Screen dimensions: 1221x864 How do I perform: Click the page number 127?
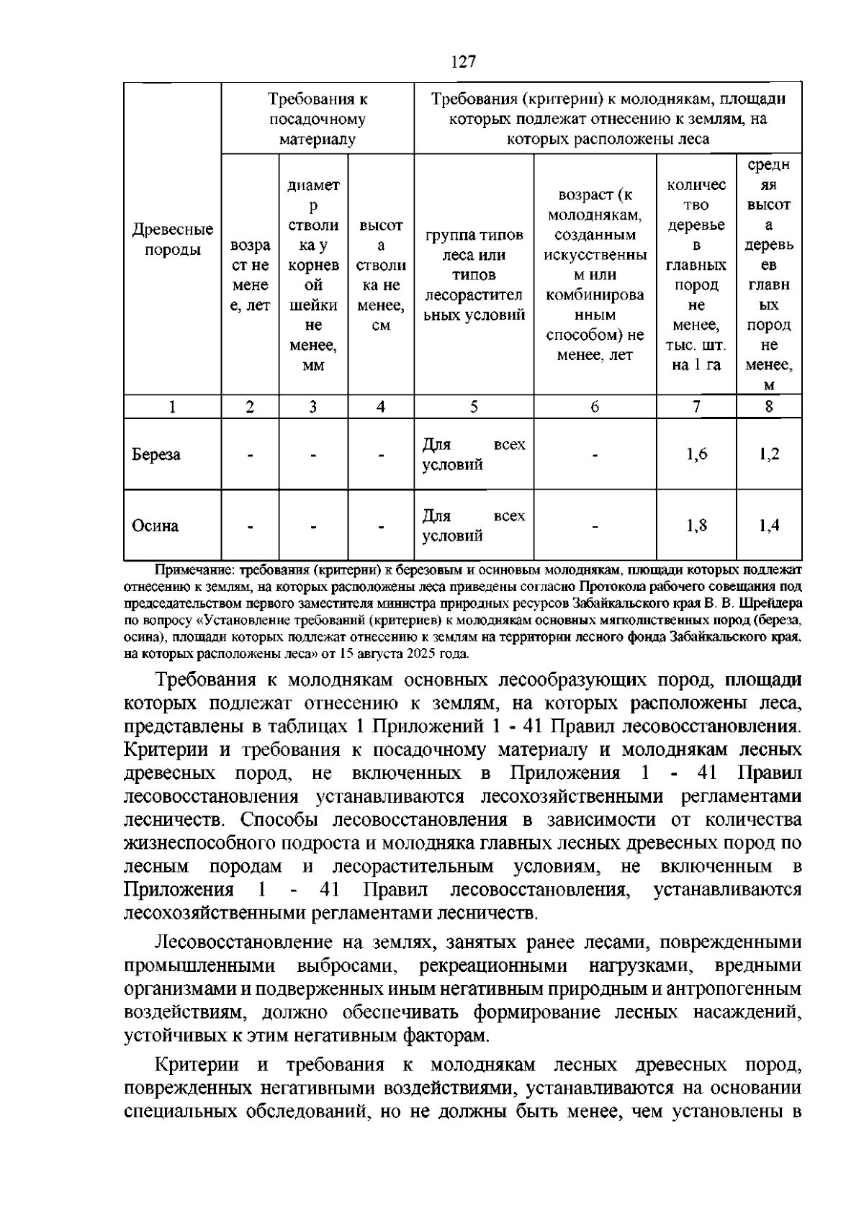(464, 62)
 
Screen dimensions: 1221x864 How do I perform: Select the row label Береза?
(156, 455)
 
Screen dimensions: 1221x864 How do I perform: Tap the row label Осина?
(155, 526)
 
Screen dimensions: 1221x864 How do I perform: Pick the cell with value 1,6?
(696, 454)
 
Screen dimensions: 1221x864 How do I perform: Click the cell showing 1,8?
(696, 525)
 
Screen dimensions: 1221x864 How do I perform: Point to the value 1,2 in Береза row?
(769, 454)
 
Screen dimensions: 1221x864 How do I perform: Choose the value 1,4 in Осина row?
(769, 525)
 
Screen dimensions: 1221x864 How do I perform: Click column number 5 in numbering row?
(474, 407)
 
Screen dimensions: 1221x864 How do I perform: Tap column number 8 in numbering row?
(769, 407)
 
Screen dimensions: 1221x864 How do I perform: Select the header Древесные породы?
(172, 240)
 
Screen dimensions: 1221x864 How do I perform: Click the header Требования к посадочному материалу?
(318, 120)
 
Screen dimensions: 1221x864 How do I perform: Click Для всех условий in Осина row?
(473, 526)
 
